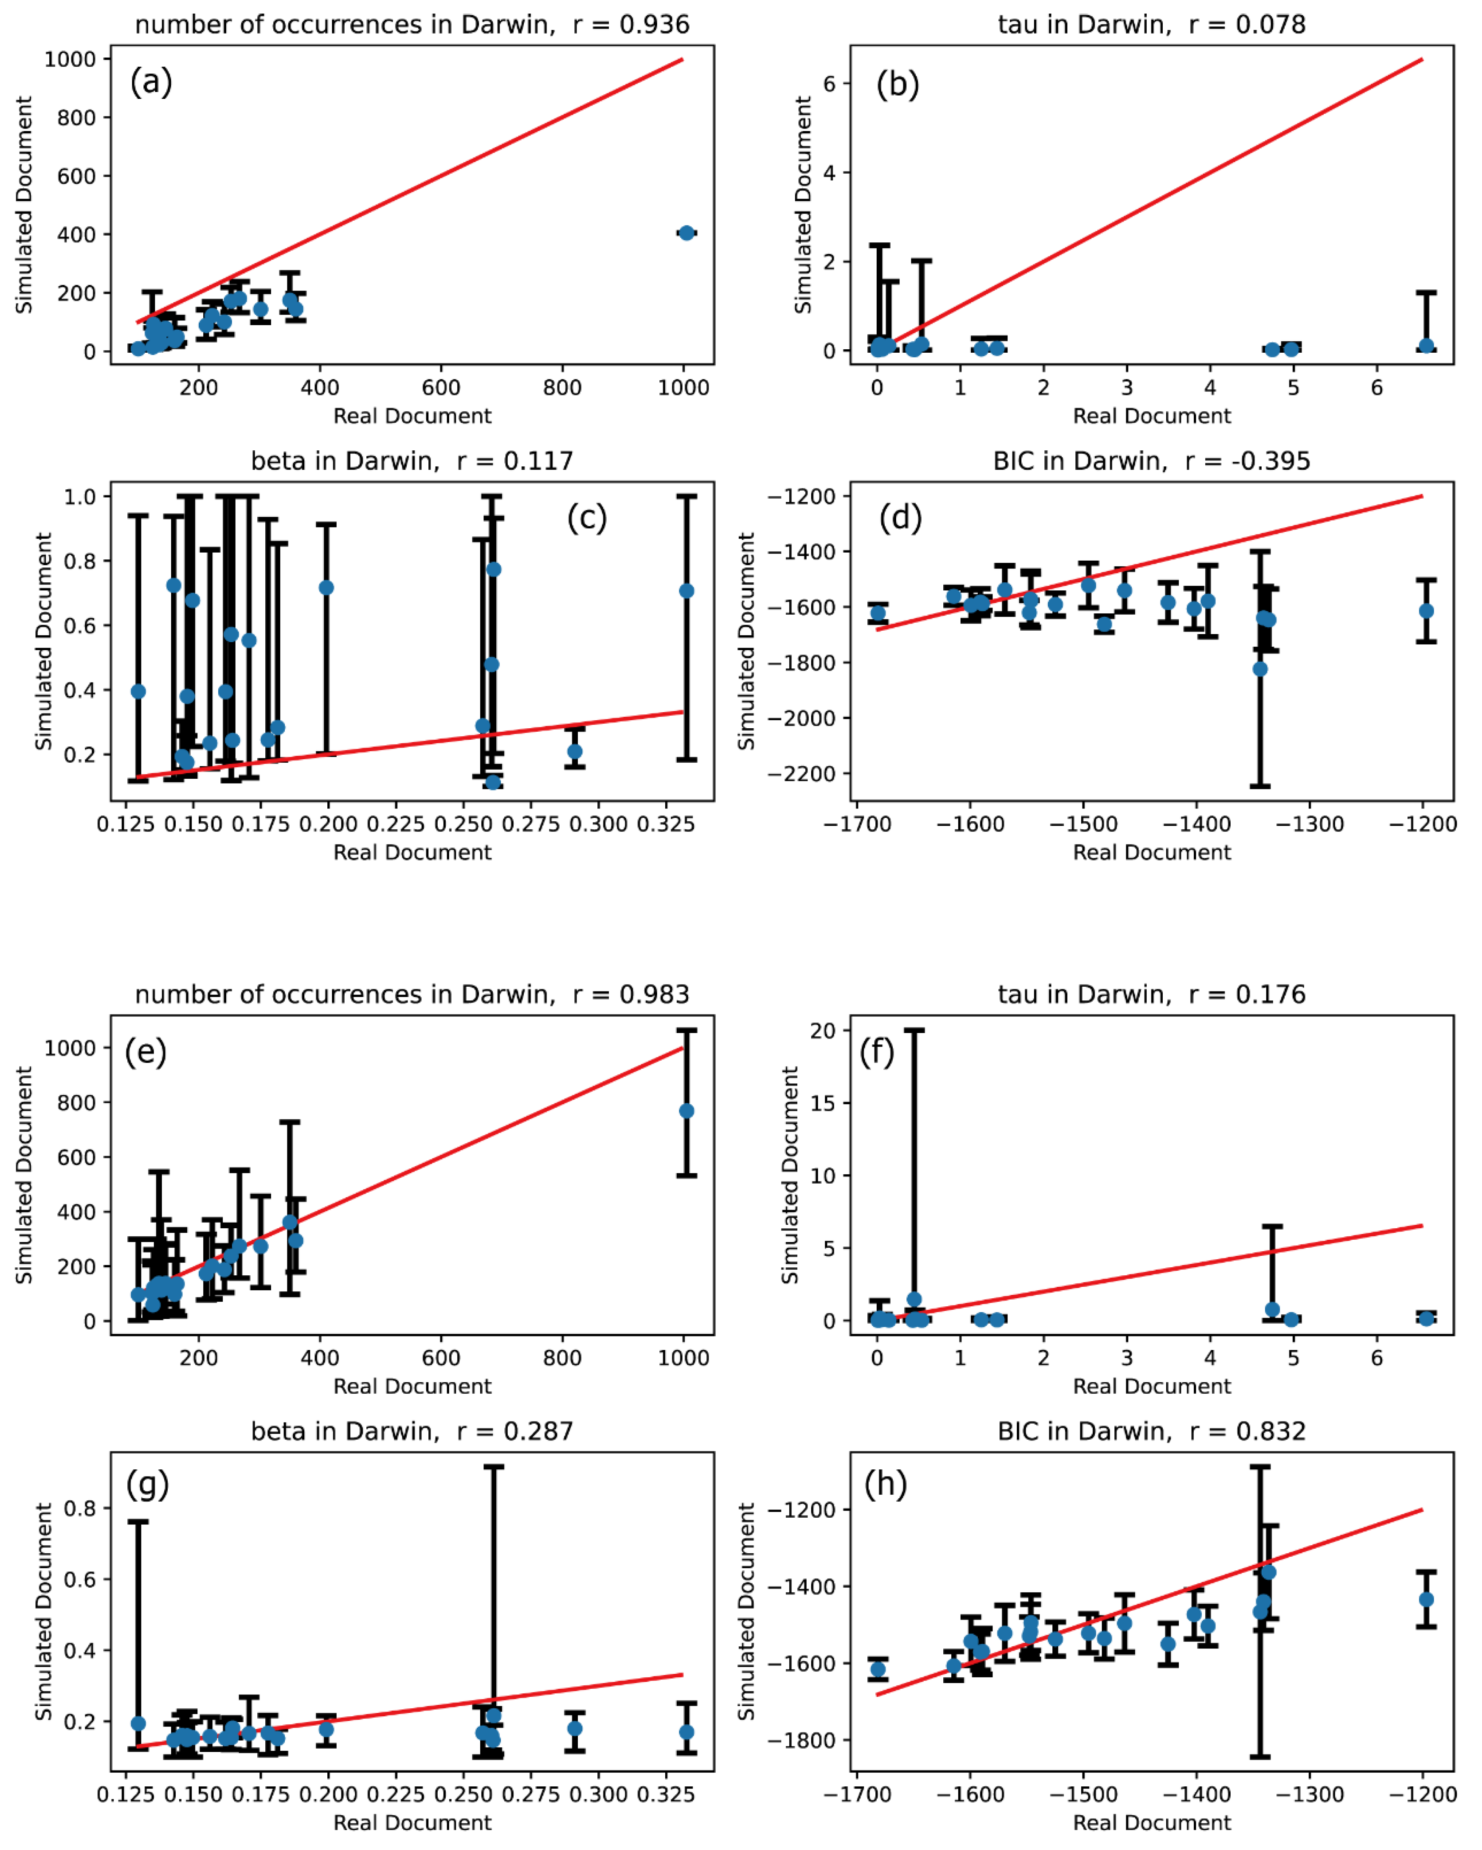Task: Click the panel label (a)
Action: coord(151,82)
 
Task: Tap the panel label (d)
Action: coord(900,518)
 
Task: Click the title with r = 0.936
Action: coord(412,24)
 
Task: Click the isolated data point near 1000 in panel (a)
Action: coord(686,233)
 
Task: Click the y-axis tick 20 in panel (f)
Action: coord(824,1030)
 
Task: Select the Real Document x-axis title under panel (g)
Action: coord(412,1822)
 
